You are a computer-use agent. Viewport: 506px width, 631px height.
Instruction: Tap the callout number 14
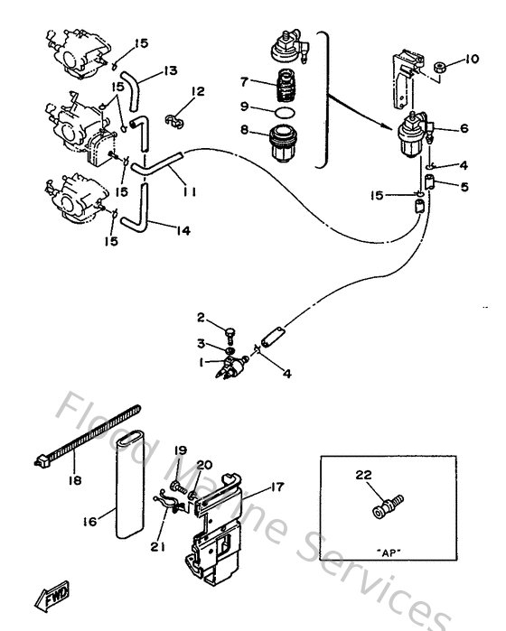pos(183,231)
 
